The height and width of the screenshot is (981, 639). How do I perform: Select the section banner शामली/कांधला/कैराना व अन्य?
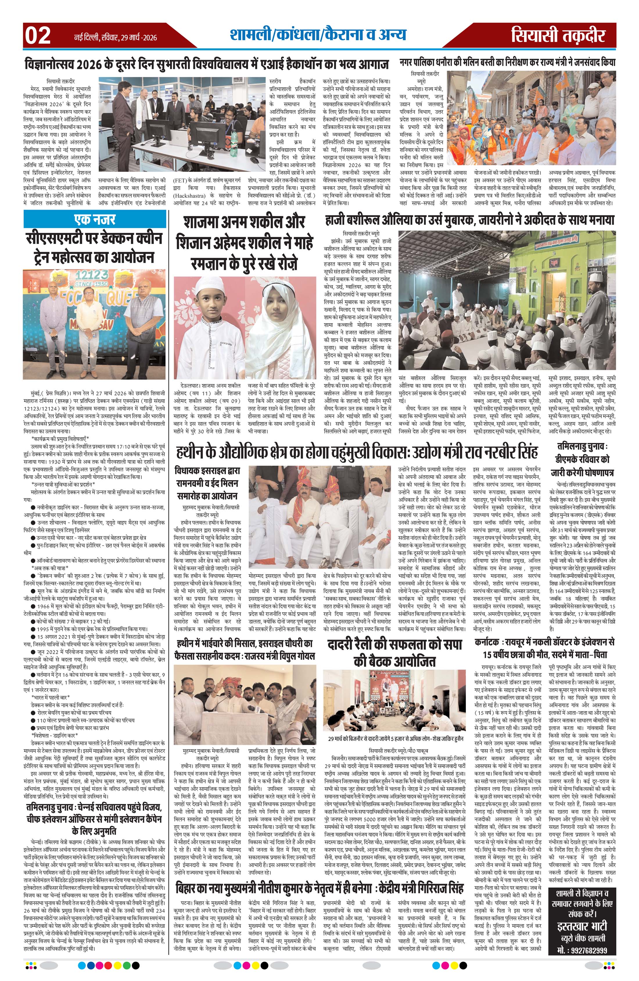[318, 35]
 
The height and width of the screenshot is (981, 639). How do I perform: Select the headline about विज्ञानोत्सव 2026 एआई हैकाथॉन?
[207, 65]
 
